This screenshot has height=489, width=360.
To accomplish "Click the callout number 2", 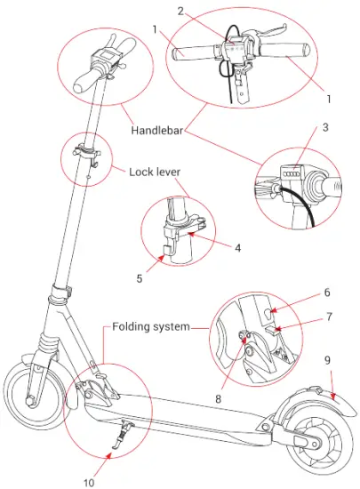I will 180,12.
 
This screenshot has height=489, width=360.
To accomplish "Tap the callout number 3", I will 325,126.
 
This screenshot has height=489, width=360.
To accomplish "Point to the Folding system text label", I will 150,327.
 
